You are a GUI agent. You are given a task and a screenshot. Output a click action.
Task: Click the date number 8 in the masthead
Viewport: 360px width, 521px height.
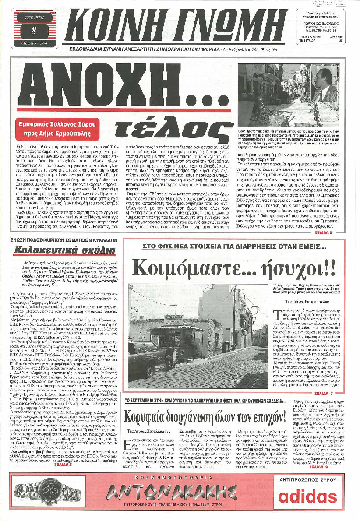34,30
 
